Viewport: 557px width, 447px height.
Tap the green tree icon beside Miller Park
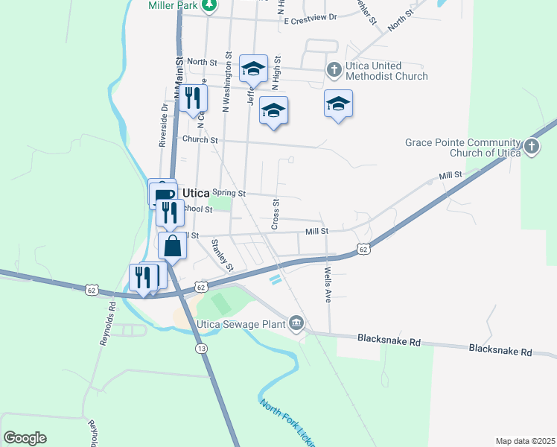pyautogui.click(x=210, y=4)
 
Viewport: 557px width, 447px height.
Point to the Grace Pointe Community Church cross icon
pyautogui.click(x=531, y=147)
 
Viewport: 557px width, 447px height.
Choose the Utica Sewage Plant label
pyautogui.click(x=241, y=324)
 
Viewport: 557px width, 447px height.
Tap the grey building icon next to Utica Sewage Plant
pyautogui.click(x=296, y=322)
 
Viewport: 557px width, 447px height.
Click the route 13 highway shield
pyautogui.click(x=200, y=349)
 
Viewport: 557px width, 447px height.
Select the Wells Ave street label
pyautogui.click(x=327, y=285)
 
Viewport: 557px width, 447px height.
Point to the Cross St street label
pyautogui.click(x=275, y=214)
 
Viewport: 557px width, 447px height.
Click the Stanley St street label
pyautogui.click(x=223, y=254)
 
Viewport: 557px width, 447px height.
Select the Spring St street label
pyautogui.click(x=229, y=193)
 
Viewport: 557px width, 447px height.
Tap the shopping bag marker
pyautogui.click(x=172, y=247)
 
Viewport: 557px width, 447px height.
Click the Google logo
pyautogui.click(x=25, y=438)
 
